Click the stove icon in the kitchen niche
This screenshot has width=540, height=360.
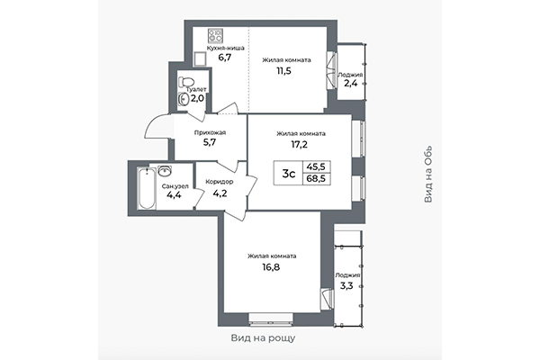click(x=216, y=37)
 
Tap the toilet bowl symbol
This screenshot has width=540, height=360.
click(x=184, y=99)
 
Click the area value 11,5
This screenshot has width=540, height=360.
click(x=286, y=72)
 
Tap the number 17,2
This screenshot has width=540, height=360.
click(x=301, y=144)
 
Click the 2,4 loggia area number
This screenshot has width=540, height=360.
click(x=349, y=86)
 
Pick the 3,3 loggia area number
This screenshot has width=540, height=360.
click(x=346, y=287)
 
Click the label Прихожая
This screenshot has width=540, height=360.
click(x=208, y=132)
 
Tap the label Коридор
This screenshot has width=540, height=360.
click(x=220, y=180)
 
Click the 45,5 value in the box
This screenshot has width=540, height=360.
click(x=316, y=166)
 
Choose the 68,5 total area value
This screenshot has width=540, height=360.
click(x=316, y=179)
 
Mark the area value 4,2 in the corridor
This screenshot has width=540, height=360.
click(x=220, y=191)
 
